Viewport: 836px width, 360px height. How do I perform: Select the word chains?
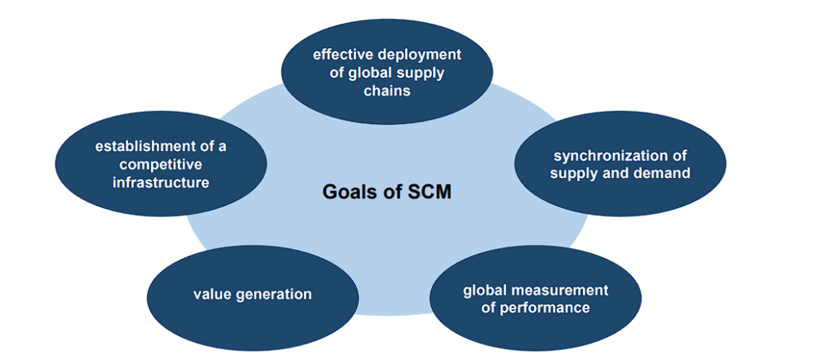click(x=387, y=91)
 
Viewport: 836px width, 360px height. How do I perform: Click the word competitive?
click(x=161, y=165)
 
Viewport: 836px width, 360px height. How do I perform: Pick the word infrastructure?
click(x=161, y=183)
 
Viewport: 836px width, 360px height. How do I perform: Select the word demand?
click(x=667, y=174)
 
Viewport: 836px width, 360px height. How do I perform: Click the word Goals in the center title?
click(x=344, y=192)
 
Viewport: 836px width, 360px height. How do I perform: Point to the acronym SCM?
click(x=429, y=192)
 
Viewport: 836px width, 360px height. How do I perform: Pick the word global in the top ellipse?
click(x=366, y=73)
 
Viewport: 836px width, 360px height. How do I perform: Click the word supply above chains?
click(x=418, y=74)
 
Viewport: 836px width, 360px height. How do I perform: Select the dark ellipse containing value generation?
click(x=252, y=298)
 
